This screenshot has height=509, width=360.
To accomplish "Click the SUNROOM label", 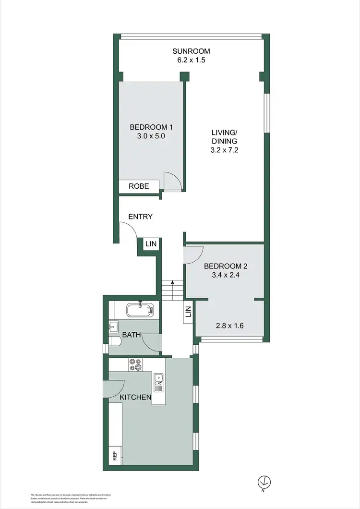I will (x=192, y=51).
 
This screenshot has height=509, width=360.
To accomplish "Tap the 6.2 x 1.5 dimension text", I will (x=192, y=61).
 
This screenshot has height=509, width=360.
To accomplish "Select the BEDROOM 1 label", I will (x=151, y=127).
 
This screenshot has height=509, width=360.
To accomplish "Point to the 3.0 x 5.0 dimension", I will (x=151, y=136).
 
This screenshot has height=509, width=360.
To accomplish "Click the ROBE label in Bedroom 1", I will (x=138, y=186).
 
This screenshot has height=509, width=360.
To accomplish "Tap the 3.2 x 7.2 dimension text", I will (x=225, y=150).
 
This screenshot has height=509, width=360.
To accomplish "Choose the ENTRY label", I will (x=141, y=217).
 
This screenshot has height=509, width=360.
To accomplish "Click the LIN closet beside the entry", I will (x=151, y=244).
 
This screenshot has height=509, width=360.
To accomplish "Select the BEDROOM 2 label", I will (x=226, y=266).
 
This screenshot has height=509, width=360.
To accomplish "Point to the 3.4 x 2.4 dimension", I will (x=226, y=276).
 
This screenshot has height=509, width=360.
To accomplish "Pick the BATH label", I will (x=131, y=335).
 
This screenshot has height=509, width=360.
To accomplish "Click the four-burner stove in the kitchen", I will (x=135, y=365).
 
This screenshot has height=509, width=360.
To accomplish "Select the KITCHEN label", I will (x=135, y=397).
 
